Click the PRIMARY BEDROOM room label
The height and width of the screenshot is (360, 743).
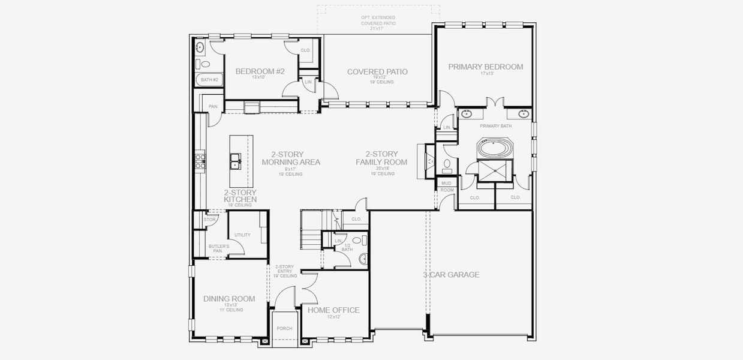[x=485, y=67]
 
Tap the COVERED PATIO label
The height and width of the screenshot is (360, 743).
[x=377, y=72]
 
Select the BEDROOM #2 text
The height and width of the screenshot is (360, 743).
[x=260, y=71]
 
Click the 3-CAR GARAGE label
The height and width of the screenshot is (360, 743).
[x=451, y=275]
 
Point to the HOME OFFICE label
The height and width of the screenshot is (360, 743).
[x=333, y=310]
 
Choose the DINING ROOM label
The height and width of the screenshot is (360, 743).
[x=229, y=299]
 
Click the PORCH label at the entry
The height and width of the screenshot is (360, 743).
[x=284, y=328]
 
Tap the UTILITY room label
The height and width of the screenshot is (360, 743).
[x=242, y=235]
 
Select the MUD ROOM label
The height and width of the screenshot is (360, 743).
[x=446, y=186]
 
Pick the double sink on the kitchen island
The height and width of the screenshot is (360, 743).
[x=236, y=161]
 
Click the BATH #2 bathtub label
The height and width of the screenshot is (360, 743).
[x=209, y=80]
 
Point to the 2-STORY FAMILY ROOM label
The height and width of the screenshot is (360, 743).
[x=381, y=158]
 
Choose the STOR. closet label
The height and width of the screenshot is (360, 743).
[x=209, y=220]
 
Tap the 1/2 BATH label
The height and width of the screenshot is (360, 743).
[x=347, y=247]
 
